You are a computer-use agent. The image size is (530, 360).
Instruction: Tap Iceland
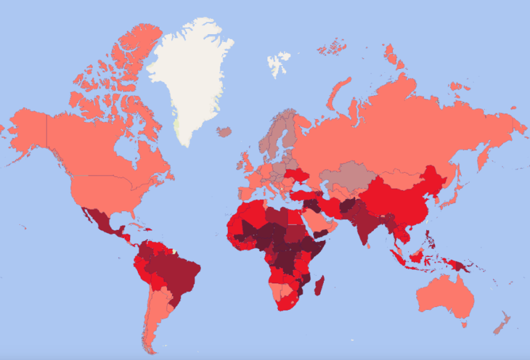point(224,131)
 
